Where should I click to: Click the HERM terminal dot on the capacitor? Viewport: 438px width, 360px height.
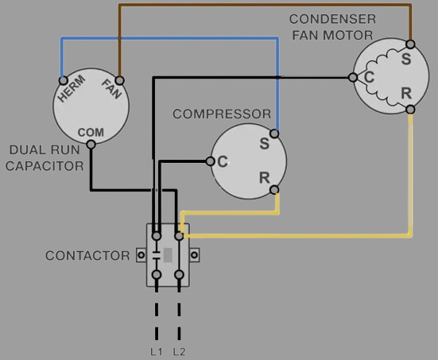click(64, 81)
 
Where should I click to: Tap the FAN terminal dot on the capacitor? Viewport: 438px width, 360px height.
click(119, 81)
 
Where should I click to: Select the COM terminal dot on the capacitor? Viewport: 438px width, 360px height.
click(91, 145)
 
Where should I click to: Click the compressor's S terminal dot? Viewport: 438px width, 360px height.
click(274, 134)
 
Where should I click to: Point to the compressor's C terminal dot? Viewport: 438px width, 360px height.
click(211, 161)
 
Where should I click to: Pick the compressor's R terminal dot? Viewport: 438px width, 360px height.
click(274, 190)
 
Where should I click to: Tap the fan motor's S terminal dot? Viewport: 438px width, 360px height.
click(410, 45)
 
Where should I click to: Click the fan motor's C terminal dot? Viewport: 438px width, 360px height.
click(353, 77)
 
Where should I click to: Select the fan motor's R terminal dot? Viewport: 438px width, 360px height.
click(410, 109)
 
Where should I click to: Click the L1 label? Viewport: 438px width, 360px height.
click(157, 352)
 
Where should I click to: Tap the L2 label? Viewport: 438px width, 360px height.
click(179, 352)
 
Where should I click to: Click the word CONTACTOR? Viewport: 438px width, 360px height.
click(87, 256)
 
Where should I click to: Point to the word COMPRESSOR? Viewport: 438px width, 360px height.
click(222, 114)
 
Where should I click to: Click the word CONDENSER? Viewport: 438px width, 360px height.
click(332, 19)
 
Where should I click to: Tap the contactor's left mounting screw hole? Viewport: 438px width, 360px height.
click(141, 255)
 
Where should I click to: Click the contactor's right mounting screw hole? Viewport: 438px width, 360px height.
click(194, 255)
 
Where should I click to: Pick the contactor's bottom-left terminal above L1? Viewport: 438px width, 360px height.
click(157, 275)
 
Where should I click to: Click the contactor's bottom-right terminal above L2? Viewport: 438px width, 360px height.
click(179, 275)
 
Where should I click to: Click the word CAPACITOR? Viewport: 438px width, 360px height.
click(45, 166)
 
